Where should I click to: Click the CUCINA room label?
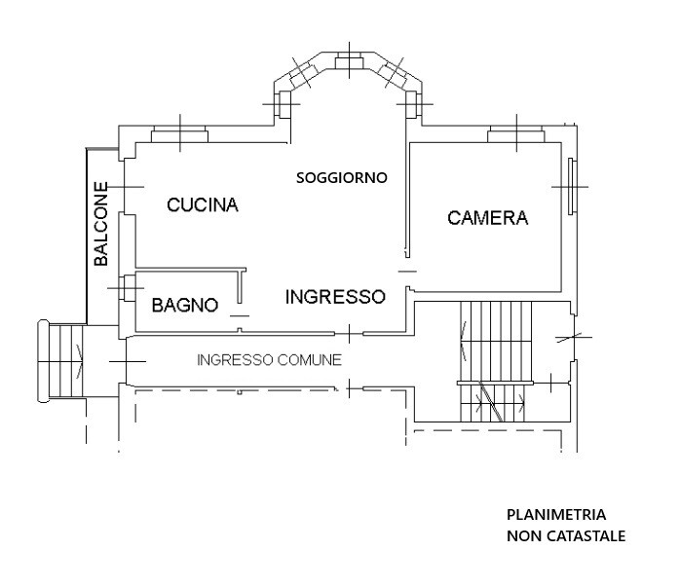pyautogui.click(x=203, y=204)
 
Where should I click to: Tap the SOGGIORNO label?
pyautogui.click(x=342, y=177)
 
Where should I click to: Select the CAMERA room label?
pyautogui.click(x=488, y=218)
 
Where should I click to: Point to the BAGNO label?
pyautogui.click(x=185, y=306)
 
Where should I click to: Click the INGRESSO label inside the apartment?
pyautogui.click(x=335, y=297)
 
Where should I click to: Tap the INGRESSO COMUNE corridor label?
pyautogui.click(x=269, y=360)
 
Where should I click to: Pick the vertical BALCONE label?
pyautogui.click(x=101, y=224)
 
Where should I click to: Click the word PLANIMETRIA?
pyautogui.click(x=556, y=515)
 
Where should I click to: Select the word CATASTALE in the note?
pyautogui.click(x=586, y=536)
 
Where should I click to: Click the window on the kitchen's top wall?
pyautogui.click(x=179, y=134)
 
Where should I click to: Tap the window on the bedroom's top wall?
pyautogui.click(x=516, y=134)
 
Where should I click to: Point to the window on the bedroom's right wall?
pyautogui.click(x=573, y=187)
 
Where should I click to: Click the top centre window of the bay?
pyautogui.click(x=349, y=60)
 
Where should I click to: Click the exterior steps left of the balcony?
pyautogui.click(x=62, y=361)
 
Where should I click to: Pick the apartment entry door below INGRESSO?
pyautogui.click(x=349, y=333)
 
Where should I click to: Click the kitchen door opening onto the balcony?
pyautogui.click(x=123, y=186)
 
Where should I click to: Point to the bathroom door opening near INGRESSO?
pyautogui.click(x=240, y=315)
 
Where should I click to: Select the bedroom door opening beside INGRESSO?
pyautogui.click(x=407, y=272)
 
